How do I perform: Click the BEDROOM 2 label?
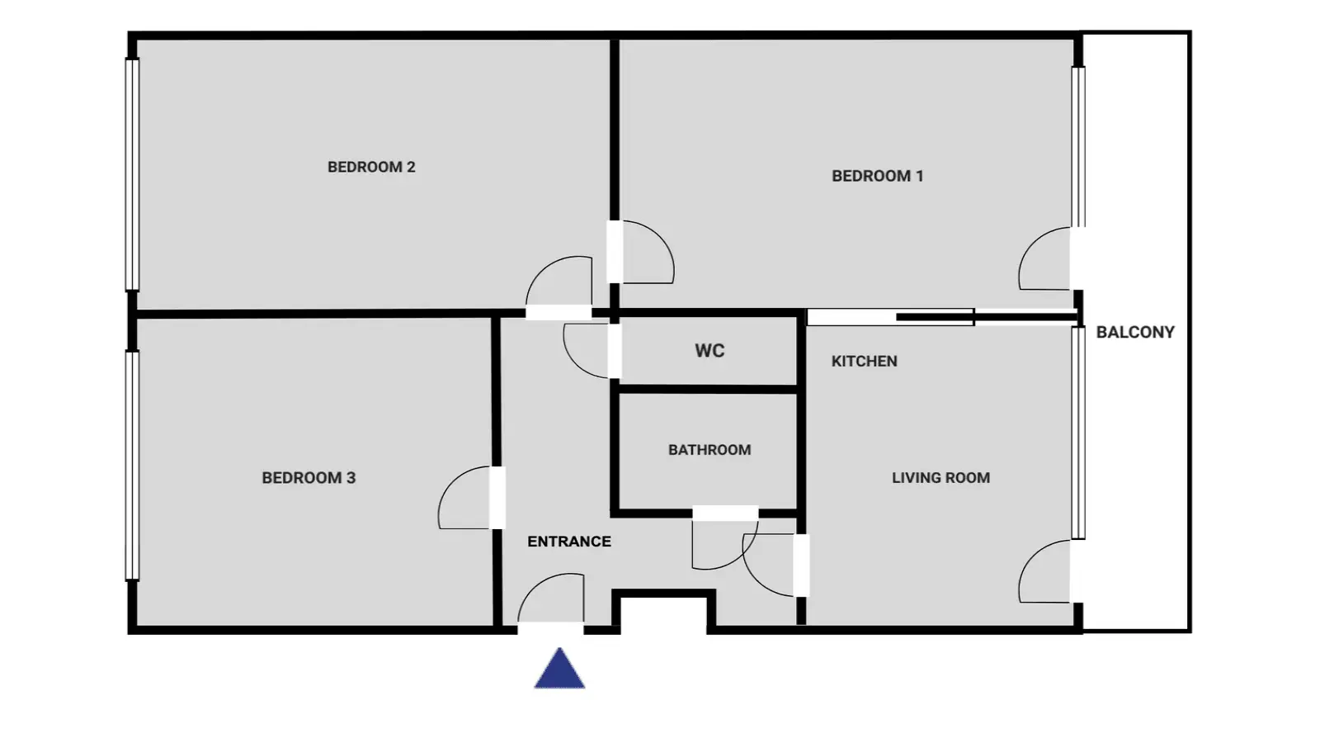tap(371, 168)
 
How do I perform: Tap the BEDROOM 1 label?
tap(878, 176)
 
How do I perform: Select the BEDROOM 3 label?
tap(309, 478)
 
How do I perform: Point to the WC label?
tap(709, 351)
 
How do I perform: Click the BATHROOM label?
tap(709, 450)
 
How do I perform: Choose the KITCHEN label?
tap(865, 361)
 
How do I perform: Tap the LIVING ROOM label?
tap(940, 478)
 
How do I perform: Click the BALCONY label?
tap(1135, 332)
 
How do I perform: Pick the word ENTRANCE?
tap(569, 542)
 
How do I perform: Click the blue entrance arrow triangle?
tap(560, 671)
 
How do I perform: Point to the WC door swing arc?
tap(573, 362)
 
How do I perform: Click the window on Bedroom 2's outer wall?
tap(132, 174)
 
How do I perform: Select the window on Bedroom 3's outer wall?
tap(132, 466)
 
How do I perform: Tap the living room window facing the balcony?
tap(1078, 433)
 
